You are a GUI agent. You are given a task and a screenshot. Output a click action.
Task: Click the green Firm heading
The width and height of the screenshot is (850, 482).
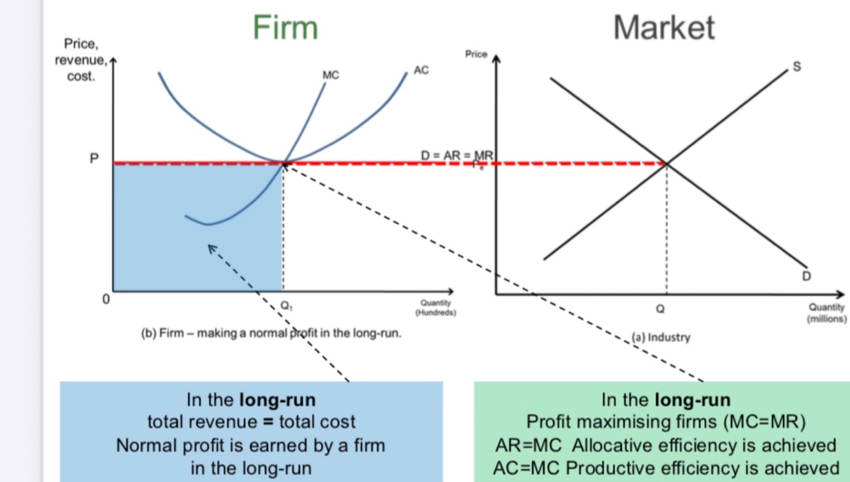[285, 27]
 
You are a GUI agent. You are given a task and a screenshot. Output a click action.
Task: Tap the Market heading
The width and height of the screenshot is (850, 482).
[663, 27]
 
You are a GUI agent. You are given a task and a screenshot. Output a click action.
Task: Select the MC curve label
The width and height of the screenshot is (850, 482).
[331, 76]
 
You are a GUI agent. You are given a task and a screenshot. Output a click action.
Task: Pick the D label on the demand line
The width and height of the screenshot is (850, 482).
[807, 276]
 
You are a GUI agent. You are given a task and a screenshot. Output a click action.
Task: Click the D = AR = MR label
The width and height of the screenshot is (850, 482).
[456, 155]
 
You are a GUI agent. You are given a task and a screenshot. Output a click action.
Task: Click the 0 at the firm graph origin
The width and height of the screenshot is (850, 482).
[107, 298]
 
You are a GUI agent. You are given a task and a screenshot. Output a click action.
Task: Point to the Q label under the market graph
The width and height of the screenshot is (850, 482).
[660, 309]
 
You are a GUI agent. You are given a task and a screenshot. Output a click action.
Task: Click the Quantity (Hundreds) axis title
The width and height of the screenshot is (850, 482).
[435, 308]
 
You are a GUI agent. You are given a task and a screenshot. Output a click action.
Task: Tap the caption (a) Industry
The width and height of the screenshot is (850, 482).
[660, 337]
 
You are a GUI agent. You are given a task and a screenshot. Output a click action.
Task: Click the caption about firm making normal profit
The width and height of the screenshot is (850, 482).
[271, 332]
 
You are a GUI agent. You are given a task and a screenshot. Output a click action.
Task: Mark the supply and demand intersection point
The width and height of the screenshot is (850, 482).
[666, 164]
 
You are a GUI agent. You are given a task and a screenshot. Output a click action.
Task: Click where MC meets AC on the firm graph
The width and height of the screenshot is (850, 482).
[283, 163]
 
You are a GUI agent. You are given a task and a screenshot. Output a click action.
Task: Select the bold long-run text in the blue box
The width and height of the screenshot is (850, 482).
[277, 400]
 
